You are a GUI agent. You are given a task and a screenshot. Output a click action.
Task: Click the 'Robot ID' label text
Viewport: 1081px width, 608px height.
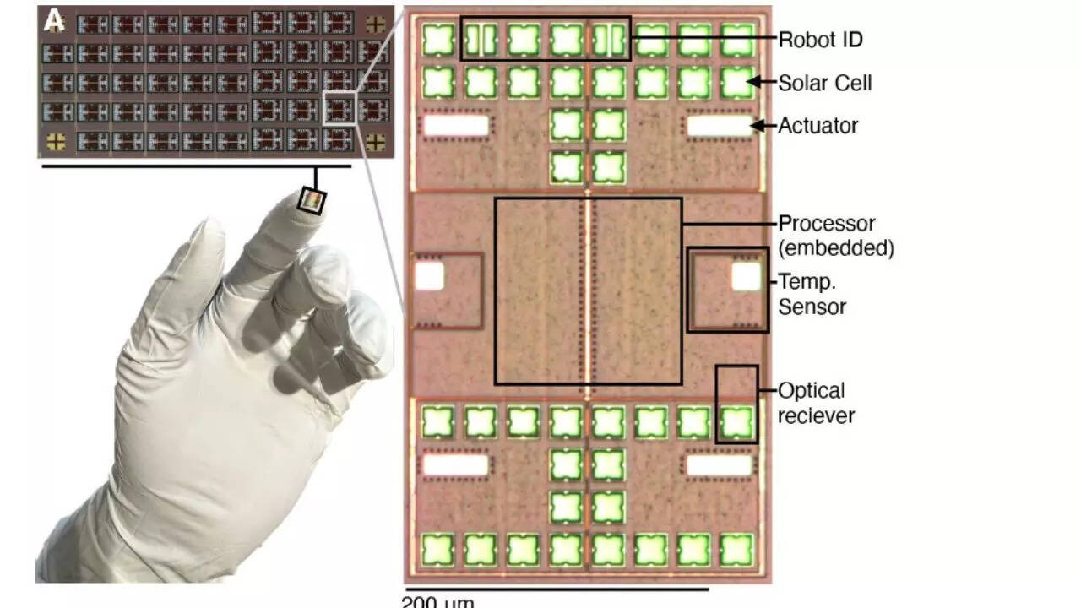coord(819,40)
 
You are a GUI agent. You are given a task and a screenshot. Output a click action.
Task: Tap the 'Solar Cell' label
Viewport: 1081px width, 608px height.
coord(824,83)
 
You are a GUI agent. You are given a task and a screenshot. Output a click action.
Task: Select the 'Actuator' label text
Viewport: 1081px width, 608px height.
coord(818,126)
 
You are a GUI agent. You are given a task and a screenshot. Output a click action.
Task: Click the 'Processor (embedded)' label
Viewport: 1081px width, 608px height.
coord(834,236)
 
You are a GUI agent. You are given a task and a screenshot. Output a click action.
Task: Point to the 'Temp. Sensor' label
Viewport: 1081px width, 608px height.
coord(812,293)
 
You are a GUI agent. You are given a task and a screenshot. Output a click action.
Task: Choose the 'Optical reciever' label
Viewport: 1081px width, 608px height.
coord(815,403)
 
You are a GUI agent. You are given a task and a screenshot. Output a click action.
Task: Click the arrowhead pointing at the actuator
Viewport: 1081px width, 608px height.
coord(758,126)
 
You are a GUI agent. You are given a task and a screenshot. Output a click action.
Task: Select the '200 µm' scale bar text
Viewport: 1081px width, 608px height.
coord(437,601)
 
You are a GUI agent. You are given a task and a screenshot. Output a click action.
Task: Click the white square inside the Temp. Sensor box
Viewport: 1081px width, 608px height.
coord(746,277)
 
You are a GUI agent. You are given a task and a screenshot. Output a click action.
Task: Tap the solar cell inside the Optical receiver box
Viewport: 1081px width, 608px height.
coord(736,421)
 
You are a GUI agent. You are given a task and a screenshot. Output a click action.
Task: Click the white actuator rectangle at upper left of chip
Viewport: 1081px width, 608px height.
coord(456,126)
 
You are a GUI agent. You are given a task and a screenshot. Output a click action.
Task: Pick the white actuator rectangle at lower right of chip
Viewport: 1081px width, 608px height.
coord(720,464)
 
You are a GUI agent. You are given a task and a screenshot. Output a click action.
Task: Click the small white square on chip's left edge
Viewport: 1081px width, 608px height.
coord(429,277)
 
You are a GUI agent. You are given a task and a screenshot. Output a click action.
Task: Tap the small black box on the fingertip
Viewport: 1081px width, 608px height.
coord(312,202)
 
